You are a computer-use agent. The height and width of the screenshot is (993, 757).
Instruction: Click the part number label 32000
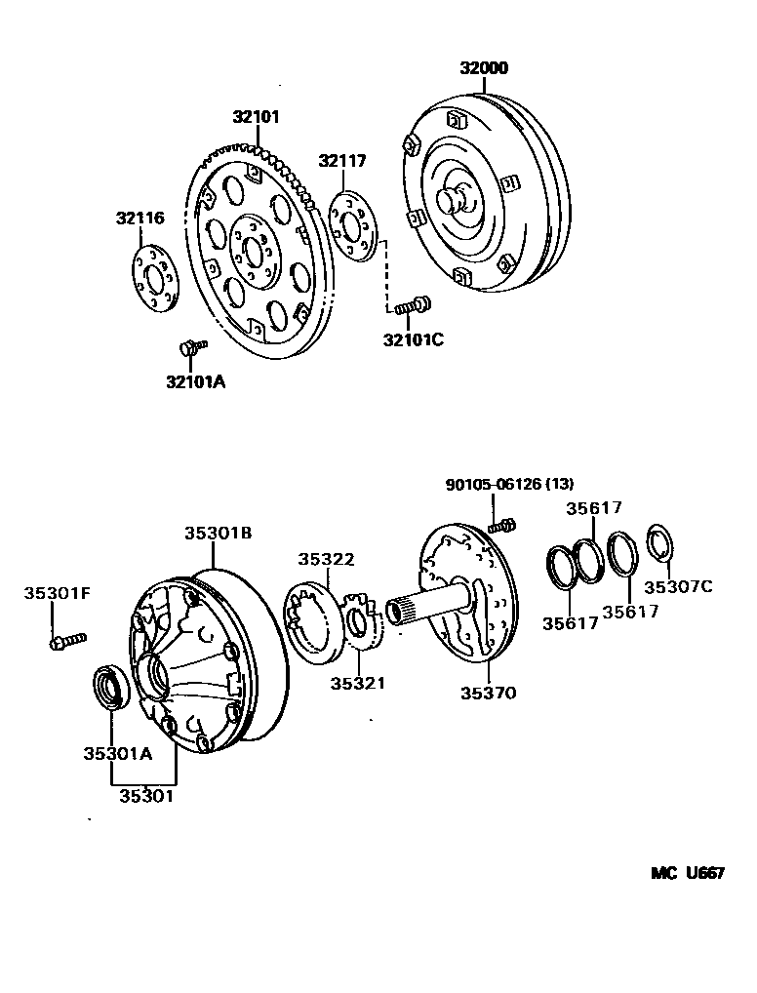[x=485, y=68]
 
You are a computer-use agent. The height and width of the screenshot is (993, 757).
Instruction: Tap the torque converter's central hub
[x=455, y=199]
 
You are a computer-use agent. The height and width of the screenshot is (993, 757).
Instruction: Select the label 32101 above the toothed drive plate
[x=256, y=117]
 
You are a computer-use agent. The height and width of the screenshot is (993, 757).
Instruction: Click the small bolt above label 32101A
[x=191, y=346]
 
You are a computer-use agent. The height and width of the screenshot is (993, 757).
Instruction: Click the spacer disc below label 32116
[x=152, y=279]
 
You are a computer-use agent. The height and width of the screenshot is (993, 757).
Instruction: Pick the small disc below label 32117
[x=353, y=226]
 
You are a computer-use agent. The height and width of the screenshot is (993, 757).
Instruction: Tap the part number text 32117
[x=340, y=161]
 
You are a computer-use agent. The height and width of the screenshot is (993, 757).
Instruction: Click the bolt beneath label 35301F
[x=67, y=641]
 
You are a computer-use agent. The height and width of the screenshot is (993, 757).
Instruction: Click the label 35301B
[x=219, y=534]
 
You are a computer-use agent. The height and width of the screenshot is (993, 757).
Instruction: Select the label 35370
[x=488, y=694]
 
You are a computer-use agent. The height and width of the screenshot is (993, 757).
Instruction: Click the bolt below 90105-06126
[x=501, y=525]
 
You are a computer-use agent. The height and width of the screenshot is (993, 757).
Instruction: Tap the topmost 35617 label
[x=594, y=507]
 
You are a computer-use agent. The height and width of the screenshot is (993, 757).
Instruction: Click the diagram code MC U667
[x=687, y=873]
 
